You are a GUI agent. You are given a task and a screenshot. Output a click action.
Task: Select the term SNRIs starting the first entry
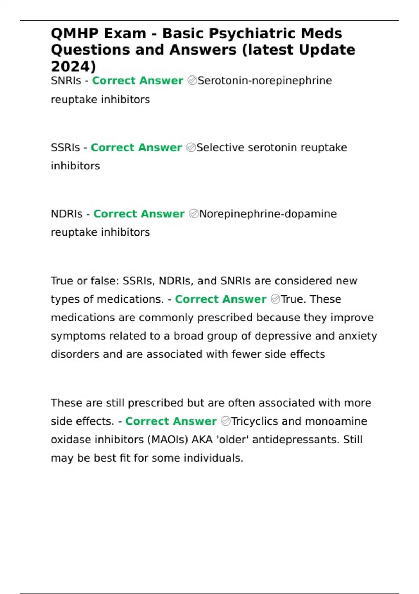tap(66, 81)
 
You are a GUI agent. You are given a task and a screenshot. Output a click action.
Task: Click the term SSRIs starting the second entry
tap(65, 147)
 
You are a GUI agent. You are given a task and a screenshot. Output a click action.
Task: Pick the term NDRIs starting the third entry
tap(67, 214)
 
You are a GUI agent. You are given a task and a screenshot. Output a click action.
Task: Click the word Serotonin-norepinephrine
tap(265, 81)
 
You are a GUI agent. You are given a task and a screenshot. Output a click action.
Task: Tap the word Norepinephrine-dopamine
tap(268, 214)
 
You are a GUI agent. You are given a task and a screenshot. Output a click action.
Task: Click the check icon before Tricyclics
tap(226, 421)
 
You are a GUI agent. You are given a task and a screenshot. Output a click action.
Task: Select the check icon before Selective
tap(191, 147)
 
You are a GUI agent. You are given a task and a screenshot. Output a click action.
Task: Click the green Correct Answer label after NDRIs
tap(139, 214)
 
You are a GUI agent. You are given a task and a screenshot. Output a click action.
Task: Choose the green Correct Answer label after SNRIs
tap(138, 81)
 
